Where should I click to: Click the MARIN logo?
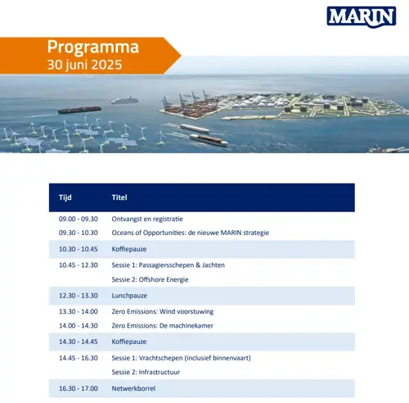click(362, 17)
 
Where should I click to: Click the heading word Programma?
click(93, 48)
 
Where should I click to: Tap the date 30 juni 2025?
click(84, 65)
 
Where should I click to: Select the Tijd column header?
click(65, 197)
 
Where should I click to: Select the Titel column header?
click(119, 197)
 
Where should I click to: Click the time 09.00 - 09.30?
click(79, 219)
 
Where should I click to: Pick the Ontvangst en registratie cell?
click(147, 219)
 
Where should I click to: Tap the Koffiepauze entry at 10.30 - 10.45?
click(129, 249)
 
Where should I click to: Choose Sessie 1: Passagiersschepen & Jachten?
click(169, 265)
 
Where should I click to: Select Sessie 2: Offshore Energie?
click(150, 279)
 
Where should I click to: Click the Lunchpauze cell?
click(129, 296)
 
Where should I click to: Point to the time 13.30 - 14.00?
click(79, 311)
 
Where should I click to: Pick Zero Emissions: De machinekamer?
click(163, 326)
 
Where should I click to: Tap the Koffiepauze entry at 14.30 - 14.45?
click(129, 342)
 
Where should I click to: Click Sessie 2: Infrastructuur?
click(146, 372)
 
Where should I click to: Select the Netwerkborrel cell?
click(133, 388)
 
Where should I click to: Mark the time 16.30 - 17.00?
click(79, 388)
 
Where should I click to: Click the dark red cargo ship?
click(79, 110)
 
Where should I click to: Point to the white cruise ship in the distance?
click(125, 101)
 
